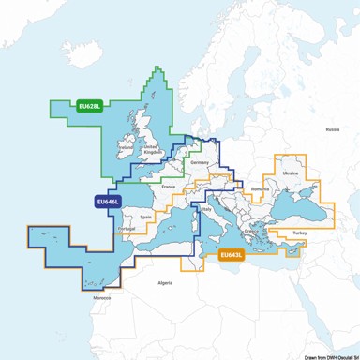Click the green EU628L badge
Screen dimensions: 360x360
click(x=90, y=106)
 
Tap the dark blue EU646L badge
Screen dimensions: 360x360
click(x=105, y=200)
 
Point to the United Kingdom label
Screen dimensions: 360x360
click(x=150, y=150)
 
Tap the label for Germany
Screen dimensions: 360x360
click(x=199, y=163)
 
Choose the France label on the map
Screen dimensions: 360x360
click(x=169, y=187)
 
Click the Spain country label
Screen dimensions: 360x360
click(x=145, y=217)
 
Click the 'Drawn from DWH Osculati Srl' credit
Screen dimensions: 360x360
click(x=322, y=354)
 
